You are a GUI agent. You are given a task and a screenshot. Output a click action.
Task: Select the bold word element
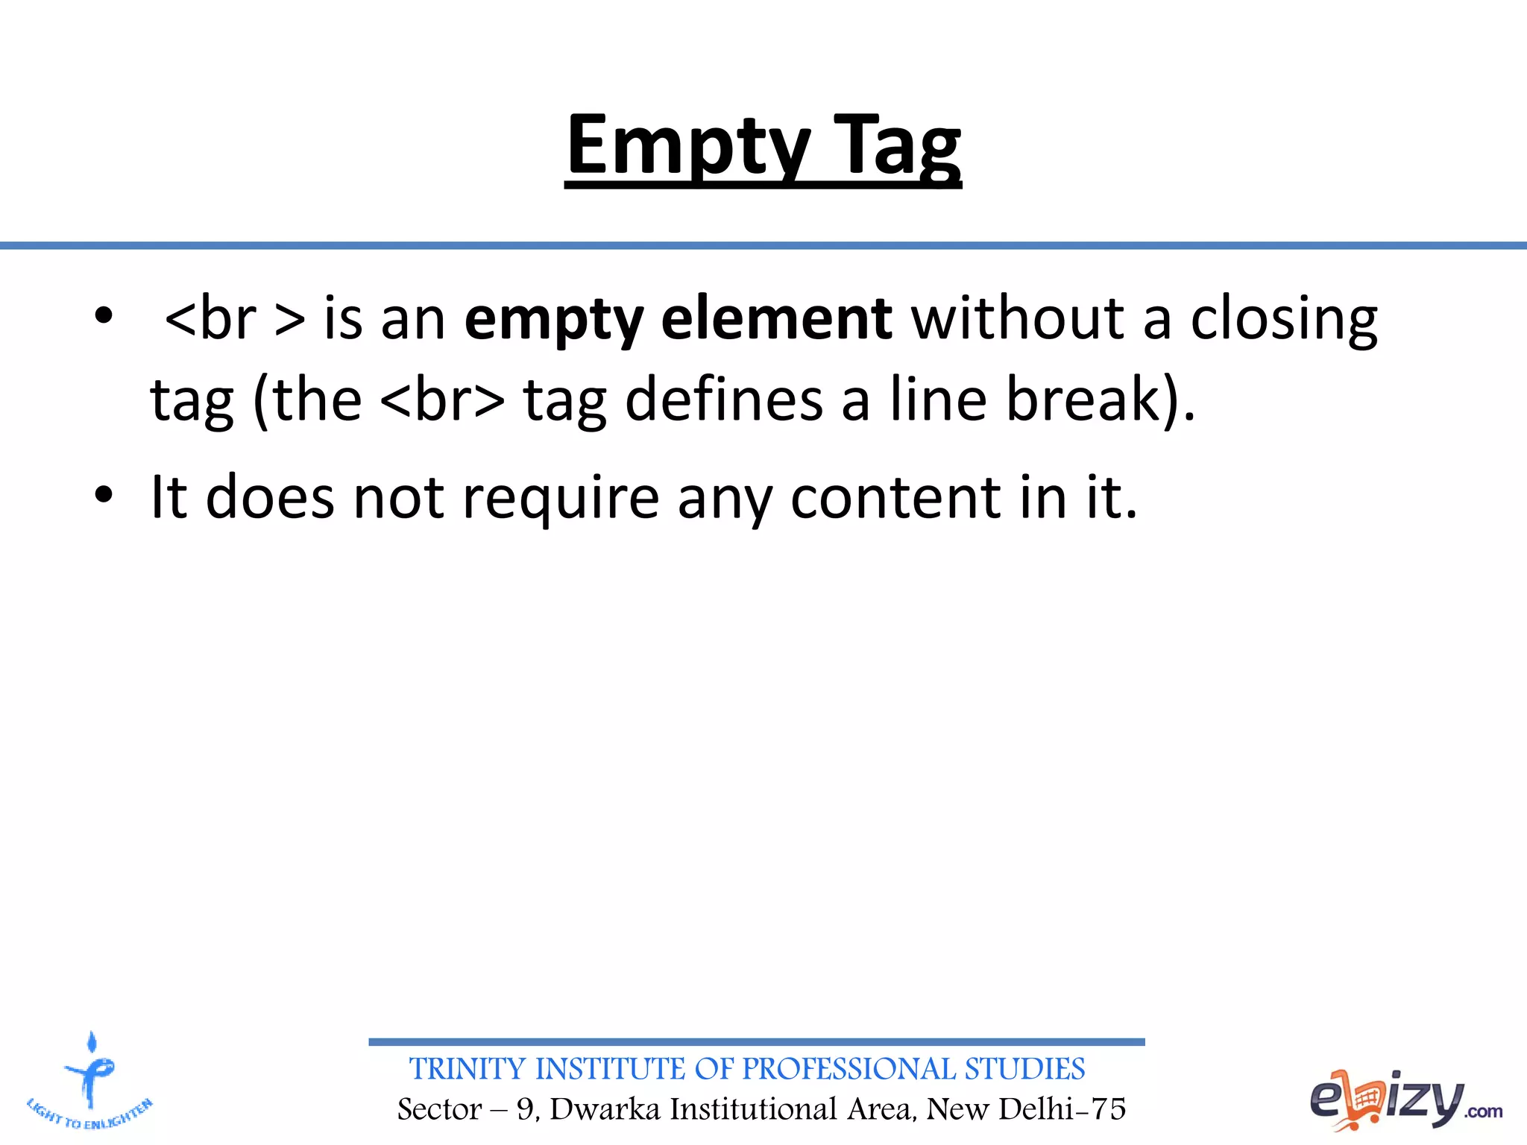776,319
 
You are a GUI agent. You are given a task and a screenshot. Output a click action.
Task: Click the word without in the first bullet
1017,319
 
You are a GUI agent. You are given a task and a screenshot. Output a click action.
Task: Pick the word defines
723,400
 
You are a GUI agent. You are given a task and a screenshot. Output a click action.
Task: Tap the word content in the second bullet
895,498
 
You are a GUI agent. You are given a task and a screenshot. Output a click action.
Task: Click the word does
269,497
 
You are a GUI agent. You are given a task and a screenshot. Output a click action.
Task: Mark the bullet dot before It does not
104,494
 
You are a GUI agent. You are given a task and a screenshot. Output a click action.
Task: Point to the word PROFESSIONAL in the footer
848,1069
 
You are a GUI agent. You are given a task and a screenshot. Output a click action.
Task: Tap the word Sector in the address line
439,1109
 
